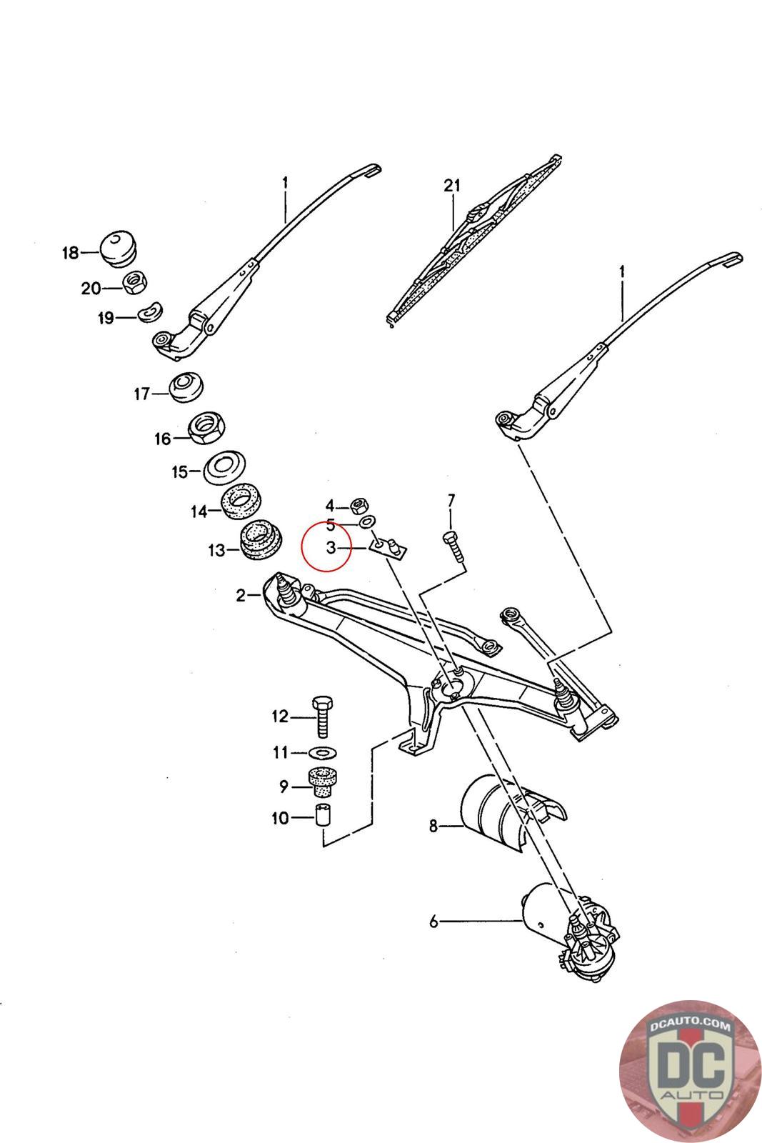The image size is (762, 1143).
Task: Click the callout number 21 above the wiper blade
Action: [x=451, y=186]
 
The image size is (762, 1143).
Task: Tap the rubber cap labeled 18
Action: [x=119, y=247]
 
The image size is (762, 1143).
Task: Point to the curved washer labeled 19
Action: [x=150, y=312]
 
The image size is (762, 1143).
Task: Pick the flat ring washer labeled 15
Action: [x=226, y=467]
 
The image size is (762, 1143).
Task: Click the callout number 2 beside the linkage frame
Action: [x=241, y=594]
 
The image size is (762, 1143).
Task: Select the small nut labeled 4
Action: [x=361, y=506]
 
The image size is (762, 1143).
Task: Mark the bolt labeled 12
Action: [x=323, y=716]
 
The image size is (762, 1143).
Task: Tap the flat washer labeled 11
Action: [x=324, y=752]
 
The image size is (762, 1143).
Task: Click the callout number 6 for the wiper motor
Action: [x=433, y=922]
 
